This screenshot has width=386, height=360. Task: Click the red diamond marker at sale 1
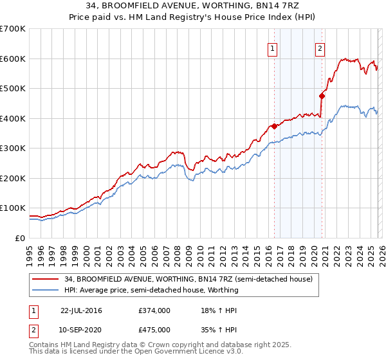(x=274, y=126)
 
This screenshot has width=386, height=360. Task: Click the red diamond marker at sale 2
(x=322, y=96)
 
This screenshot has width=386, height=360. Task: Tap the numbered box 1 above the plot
(x=272, y=48)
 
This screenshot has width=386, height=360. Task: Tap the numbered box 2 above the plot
(x=320, y=48)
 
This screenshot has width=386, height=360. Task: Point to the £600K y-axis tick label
(x=13, y=59)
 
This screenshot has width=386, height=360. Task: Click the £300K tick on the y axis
(x=13, y=148)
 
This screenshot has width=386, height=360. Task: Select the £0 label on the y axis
(x=21, y=238)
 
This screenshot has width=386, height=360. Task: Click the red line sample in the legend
(x=46, y=279)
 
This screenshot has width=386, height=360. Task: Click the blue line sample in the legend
(x=46, y=290)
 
